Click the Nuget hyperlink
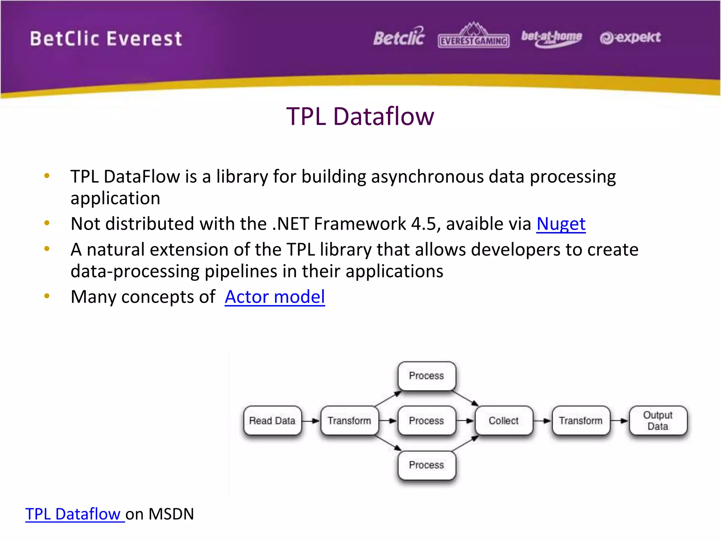tap(560, 224)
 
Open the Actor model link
tap(275, 297)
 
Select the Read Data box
tap(272, 421)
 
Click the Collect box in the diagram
tap(503, 421)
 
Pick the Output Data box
tap(658, 421)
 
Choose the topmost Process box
tap(426, 376)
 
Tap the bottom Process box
tap(426, 465)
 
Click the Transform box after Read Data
tap(349, 421)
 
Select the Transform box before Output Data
tap(581, 421)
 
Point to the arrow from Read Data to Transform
tap(311, 421)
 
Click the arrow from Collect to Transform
tap(542, 421)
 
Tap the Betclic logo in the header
tap(399, 37)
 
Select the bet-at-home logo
tap(551, 37)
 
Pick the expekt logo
tap(630, 37)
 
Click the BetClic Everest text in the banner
tap(106, 39)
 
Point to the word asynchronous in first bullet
tap(427, 176)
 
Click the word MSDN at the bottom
tap(171, 514)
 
